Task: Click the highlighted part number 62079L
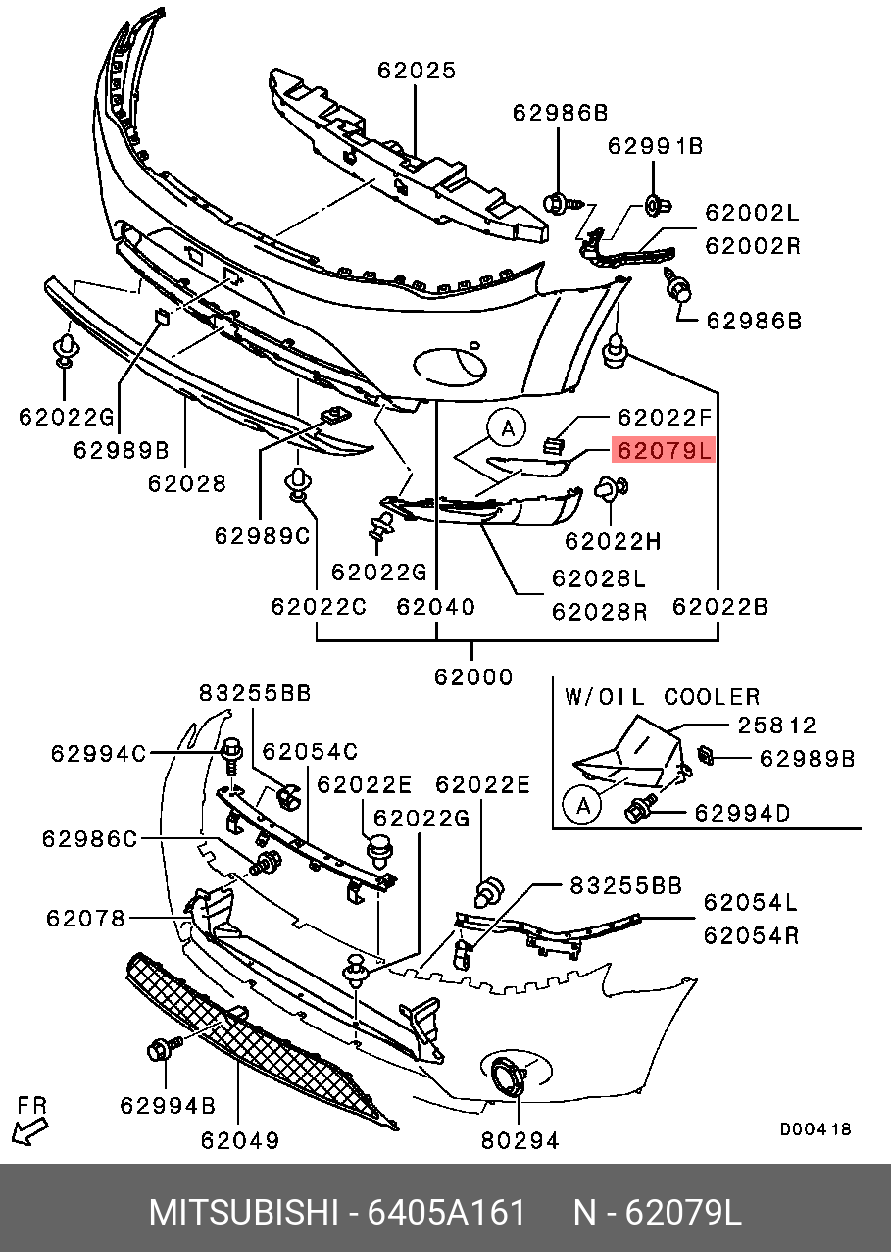coord(663,450)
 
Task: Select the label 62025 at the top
coord(417,71)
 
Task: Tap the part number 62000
coord(473,676)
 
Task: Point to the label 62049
coord(240,1140)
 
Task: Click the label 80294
coord(520,1140)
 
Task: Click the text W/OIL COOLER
coord(662,697)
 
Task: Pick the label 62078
coord(85,919)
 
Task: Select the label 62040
coord(435,607)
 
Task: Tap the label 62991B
coord(655,146)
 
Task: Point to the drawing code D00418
coord(816,1129)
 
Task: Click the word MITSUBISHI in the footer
coord(242,1213)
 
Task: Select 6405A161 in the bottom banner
coord(446,1213)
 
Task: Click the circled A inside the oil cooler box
coord(582,806)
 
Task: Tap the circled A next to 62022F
coord(507,427)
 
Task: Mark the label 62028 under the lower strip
coord(187,483)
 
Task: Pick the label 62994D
coord(742,813)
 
